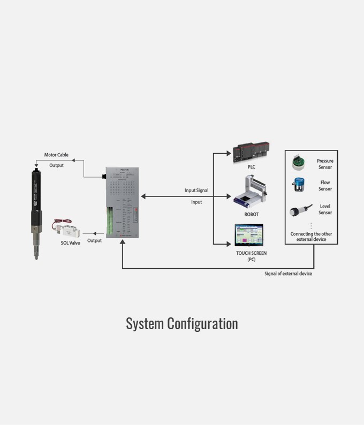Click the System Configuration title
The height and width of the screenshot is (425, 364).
[x=182, y=324]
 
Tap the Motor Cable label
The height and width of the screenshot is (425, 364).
[x=56, y=155]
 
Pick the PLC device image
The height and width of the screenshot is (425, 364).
[x=251, y=153]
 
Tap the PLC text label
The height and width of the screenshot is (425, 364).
[x=251, y=167]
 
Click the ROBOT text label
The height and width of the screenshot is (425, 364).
[x=251, y=215]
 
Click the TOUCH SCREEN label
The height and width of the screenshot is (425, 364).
[x=251, y=253]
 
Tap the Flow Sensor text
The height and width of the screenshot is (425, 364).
[x=325, y=186]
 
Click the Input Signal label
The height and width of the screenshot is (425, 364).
[x=196, y=191]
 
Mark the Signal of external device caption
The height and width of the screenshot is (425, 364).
[x=288, y=274]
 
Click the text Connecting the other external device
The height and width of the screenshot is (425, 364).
[x=311, y=237]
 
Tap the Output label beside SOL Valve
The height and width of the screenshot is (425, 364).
[x=94, y=240]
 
